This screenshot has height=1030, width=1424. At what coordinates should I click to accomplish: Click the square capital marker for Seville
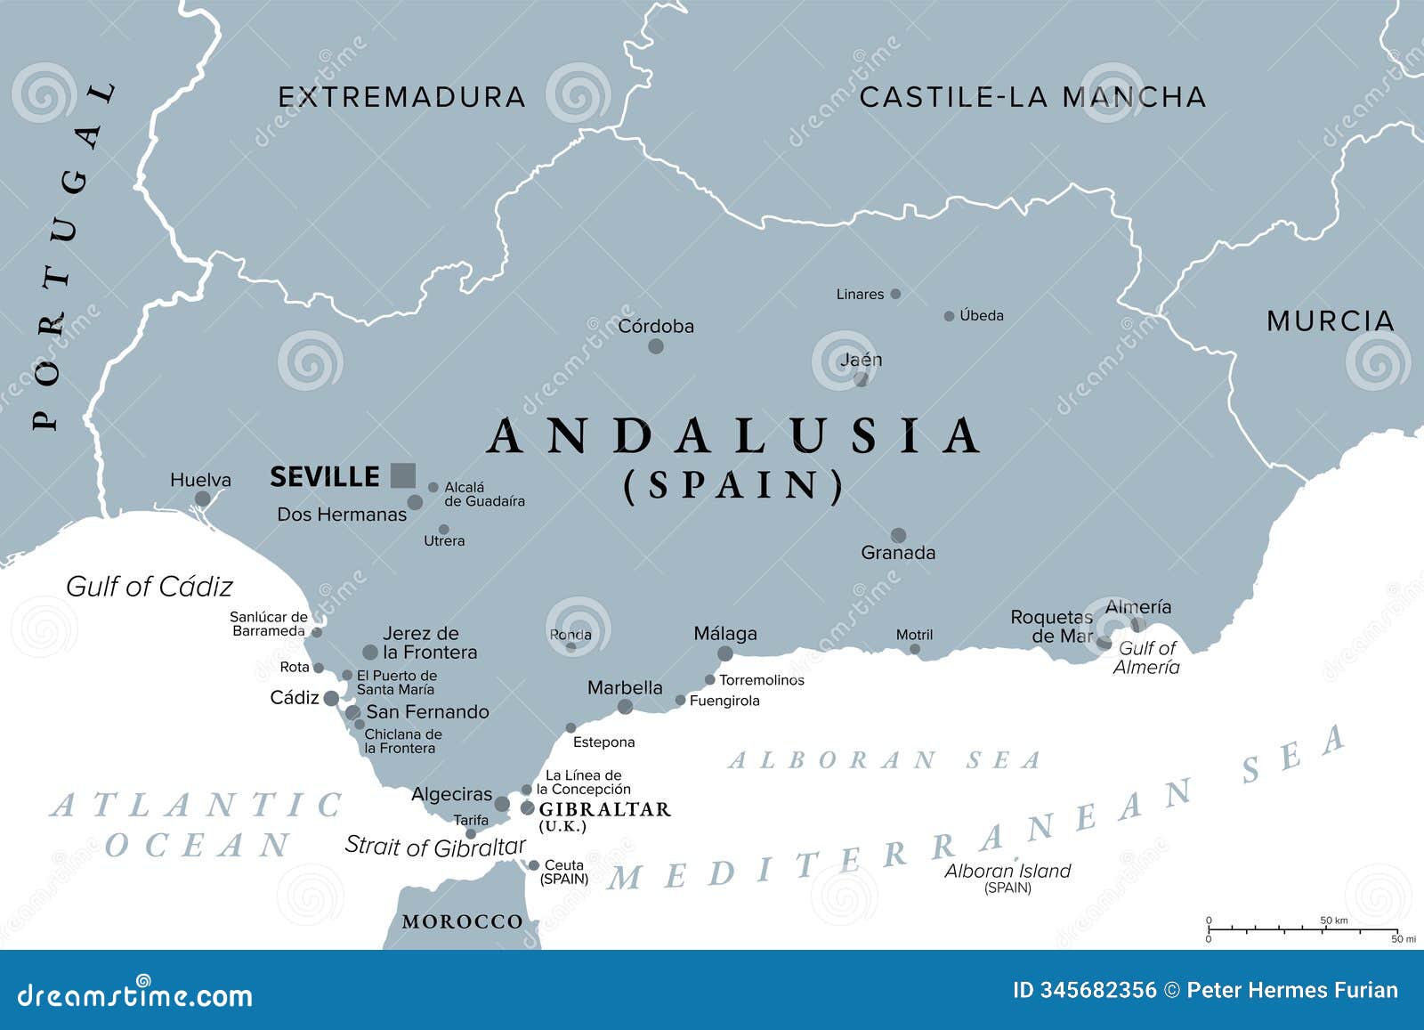(403, 475)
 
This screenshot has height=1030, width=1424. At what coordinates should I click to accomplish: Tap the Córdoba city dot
(656, 346)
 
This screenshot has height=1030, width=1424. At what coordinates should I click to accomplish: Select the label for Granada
(898, 553)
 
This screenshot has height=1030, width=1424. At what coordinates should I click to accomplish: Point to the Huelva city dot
(203, 499)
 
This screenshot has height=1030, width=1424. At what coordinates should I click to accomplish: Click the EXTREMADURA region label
(402, 97)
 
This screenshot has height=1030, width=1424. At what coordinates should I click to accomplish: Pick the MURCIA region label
(1330, 321)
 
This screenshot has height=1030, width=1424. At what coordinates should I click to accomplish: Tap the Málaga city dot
(725, 653)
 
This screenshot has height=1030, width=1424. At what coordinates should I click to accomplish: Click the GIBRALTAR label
(604, 809)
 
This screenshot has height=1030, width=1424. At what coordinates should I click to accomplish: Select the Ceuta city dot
(534, 865)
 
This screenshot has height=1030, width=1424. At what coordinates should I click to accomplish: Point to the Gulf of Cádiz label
(150, 587)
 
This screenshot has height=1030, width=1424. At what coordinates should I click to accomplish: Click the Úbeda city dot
(949, 316)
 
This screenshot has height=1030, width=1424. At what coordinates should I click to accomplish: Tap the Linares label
(860, 294)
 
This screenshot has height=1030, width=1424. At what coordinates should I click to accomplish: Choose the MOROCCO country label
(462, 921)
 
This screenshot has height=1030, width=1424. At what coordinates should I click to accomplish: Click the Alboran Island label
(1007, 872)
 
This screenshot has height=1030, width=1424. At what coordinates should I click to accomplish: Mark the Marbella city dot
(626, 707)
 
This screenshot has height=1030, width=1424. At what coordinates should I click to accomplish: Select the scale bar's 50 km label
(1333, 921)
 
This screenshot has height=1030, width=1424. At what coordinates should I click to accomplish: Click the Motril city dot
(915, 650)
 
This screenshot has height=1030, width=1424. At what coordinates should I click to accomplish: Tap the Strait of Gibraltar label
(435, 846)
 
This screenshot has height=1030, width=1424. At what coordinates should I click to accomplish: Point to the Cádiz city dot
(331, 698)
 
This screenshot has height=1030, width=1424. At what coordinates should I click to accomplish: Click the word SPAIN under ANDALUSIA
(733, 486)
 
